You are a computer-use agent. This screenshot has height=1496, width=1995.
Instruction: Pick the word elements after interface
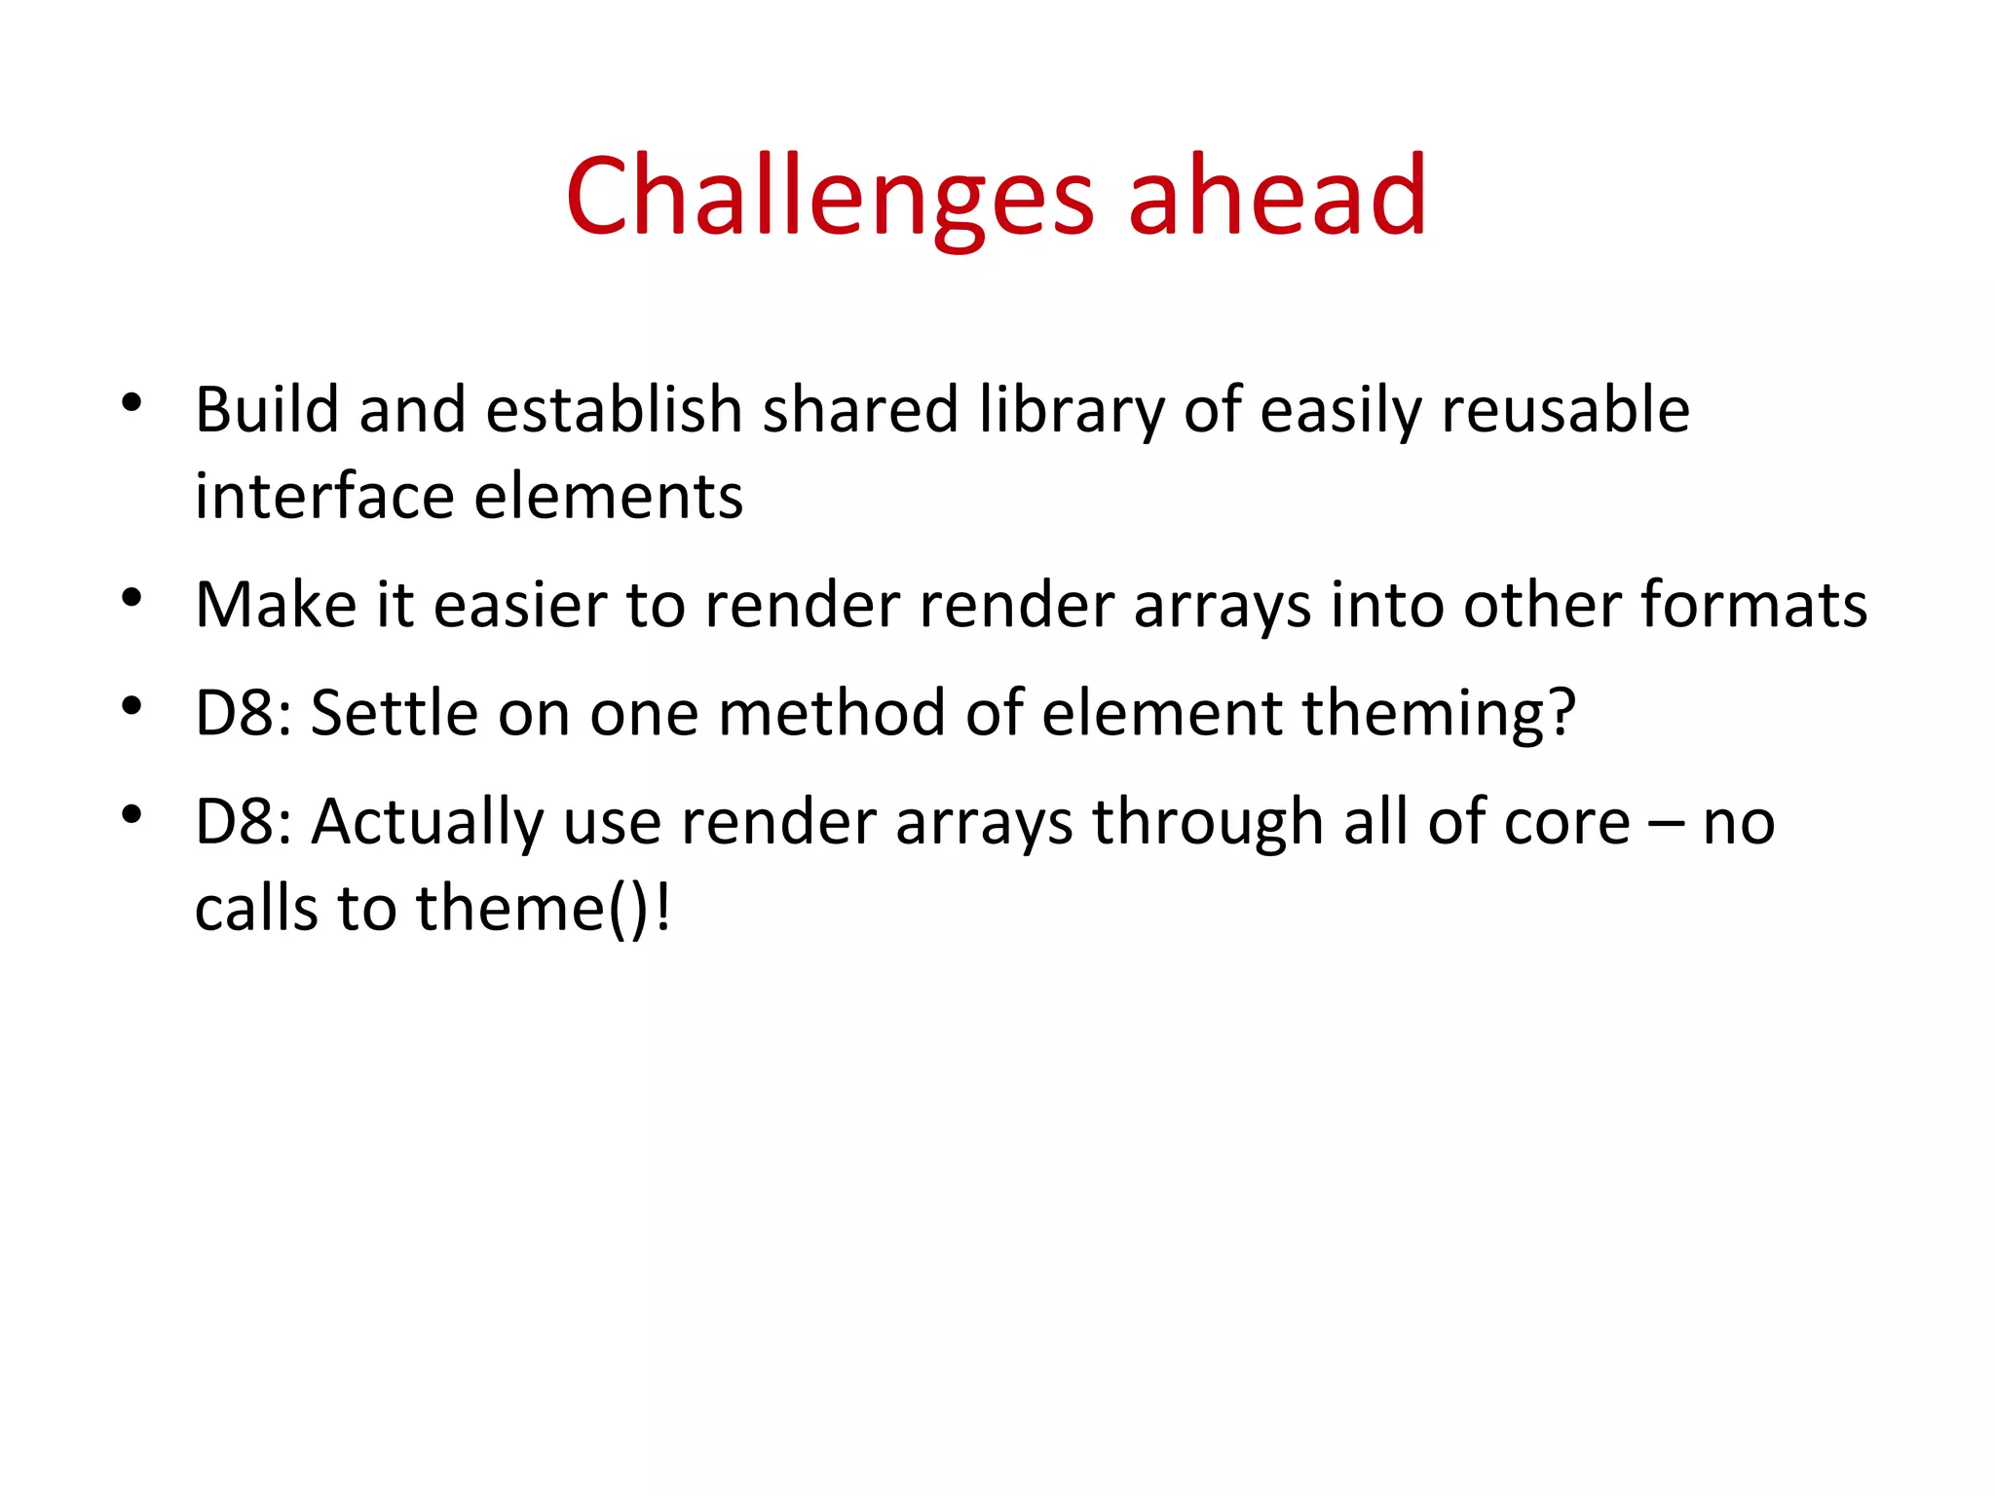click(x=609, y=497)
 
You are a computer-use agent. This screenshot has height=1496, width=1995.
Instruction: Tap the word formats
click(x=1753, y=605)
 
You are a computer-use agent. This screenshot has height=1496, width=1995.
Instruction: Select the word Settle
click(x=395, y=713)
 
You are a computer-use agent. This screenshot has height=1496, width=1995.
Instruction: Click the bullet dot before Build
click(x=132, y=402)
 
